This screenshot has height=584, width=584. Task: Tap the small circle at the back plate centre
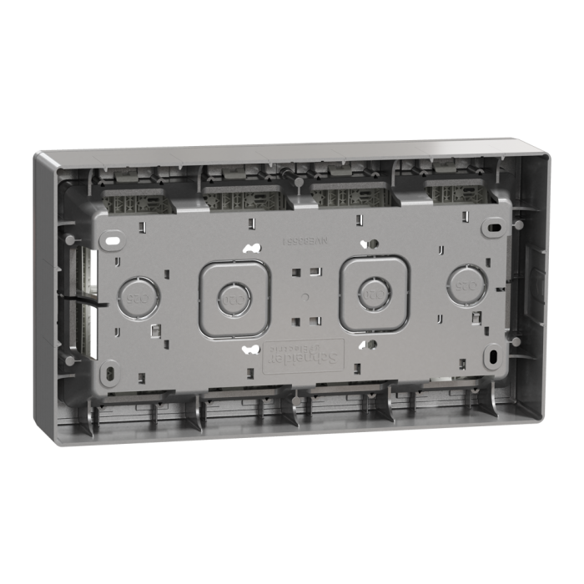click(304, 296)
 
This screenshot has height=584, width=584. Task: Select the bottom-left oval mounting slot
click(111, 367)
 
